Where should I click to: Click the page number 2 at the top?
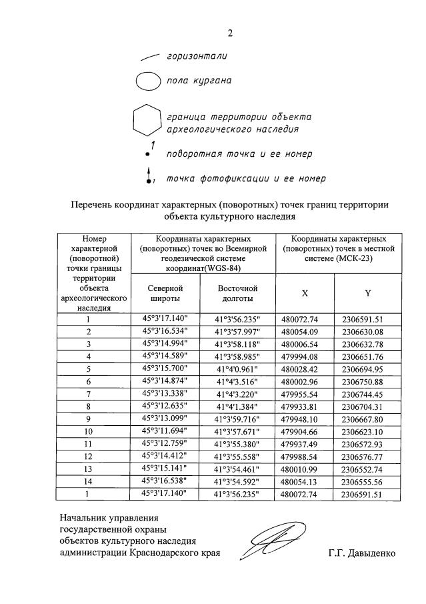point(230,33)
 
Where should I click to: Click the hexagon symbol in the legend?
point(146,121)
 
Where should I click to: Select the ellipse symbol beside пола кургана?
point(147,82)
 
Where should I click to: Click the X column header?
point(305,292)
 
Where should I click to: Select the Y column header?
point(367,292)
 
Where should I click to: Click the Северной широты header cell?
point(164,292)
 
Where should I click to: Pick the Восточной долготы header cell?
point(237,292)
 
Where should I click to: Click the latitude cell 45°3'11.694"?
point(164,431)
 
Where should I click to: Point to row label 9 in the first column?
point(89,419)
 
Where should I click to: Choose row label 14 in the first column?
point(89,481)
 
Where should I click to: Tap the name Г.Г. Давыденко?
point(361,553)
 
